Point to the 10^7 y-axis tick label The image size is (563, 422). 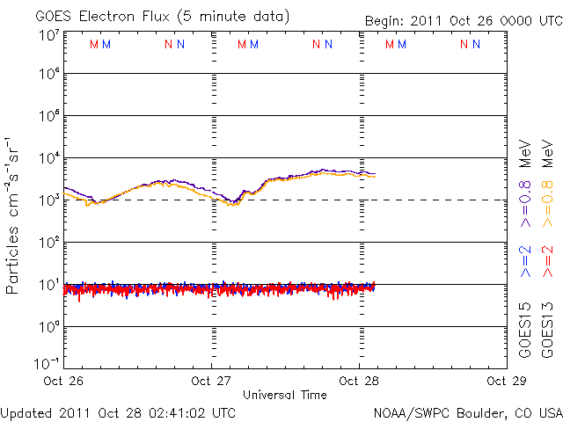[48, 34]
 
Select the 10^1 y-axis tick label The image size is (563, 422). [48, 285]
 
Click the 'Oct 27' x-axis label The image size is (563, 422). [212, 382]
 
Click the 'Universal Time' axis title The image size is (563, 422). [284, 395]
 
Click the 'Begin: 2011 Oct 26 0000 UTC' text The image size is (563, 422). [464, 19]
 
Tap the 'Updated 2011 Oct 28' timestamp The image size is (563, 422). [118, 411]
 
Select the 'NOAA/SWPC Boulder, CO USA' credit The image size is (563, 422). [467, 411]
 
